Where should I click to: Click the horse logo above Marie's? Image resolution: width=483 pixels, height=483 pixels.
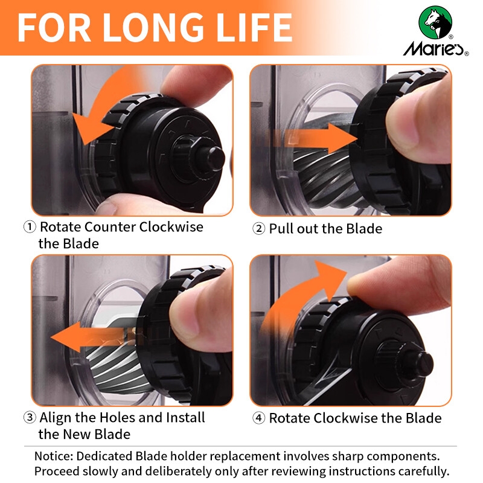pyautogui.click(x=435, y=22)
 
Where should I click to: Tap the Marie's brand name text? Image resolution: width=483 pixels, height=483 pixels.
pyautogui.click(x=433, y=48)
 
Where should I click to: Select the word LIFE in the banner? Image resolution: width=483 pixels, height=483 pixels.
pyautogui.click(x=254, y=27)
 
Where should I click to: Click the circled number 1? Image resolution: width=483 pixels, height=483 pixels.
pyautogui.click(x=30, y=227)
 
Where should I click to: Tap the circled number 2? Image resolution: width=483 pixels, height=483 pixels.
pyautogui.click(x=258, y=229)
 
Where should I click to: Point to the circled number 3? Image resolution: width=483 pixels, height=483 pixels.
pyautogui.click(x=30, y=417)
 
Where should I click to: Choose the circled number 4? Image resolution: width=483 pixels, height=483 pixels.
pyautogui.click(x=258, y=418)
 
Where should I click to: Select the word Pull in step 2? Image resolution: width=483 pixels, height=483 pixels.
pyautogui.click(x=281, y=229)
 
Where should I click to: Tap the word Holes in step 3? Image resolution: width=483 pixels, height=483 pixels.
pyautogui.click(x=117, y=417)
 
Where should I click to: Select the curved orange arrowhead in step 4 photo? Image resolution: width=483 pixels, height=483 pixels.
pyautogui.click(x=330, y=279)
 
